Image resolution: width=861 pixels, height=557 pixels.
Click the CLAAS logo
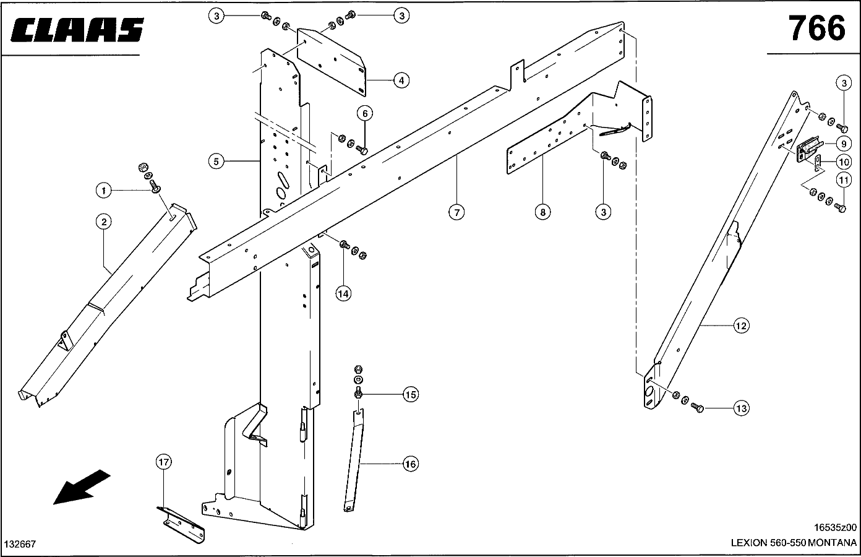point(77,30)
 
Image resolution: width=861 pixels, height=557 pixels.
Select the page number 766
point(816,28)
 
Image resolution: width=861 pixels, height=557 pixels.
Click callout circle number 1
point(104,191)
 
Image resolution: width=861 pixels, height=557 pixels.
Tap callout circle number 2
point(103,222)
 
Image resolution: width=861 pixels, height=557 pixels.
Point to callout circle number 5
point(216,162)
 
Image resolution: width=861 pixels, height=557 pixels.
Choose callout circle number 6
point(365,113)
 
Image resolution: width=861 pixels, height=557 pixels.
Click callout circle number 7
point(456,212)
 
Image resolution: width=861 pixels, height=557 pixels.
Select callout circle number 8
point(542,212)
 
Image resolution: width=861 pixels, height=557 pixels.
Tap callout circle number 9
point(843,144)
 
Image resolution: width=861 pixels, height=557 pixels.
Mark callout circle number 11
point(843,180)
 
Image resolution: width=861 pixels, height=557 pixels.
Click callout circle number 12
point(741,325)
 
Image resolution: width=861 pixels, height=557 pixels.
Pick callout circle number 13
point(741,408)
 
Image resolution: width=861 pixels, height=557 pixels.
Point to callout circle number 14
point(343,293)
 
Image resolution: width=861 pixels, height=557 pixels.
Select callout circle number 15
point(410,394)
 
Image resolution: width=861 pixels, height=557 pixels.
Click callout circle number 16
point(410,464)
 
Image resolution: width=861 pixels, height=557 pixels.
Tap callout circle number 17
point(163,462)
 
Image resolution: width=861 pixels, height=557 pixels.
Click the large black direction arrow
point(81,487)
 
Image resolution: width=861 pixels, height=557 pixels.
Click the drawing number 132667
point(20,544)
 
